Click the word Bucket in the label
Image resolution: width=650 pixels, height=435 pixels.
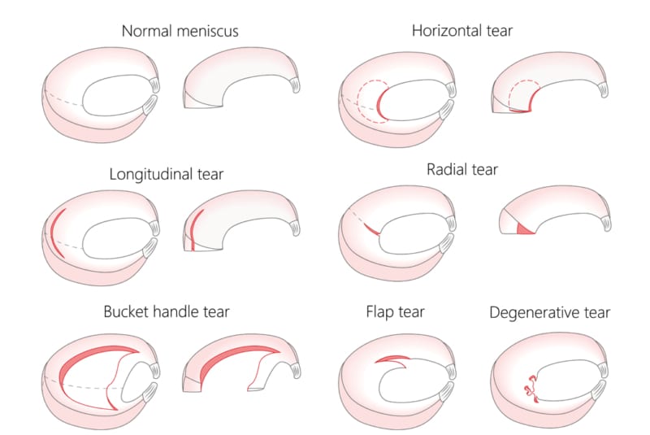tap(125, 311)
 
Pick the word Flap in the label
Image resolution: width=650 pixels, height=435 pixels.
tap(382, 311)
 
